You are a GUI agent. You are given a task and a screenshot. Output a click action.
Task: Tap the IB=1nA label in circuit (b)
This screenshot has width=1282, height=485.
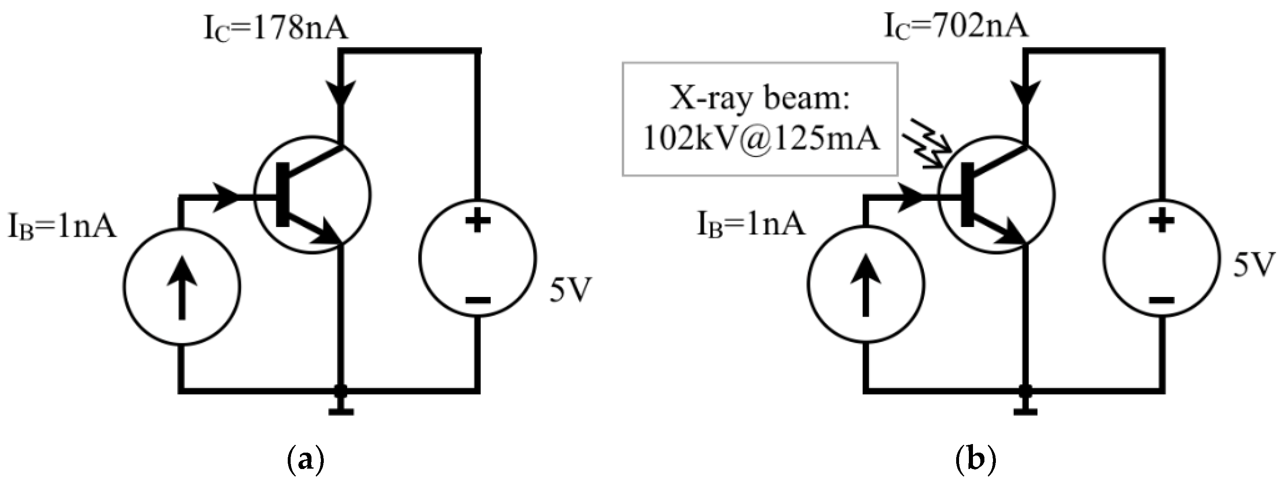pyautogui.click(x=750, y=224)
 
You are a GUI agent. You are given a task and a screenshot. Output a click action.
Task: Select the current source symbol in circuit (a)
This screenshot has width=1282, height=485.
pyautogui.click(x=182, y=287)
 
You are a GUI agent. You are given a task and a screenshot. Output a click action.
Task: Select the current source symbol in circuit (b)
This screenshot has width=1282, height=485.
pyautogui.click(x=866, y=285)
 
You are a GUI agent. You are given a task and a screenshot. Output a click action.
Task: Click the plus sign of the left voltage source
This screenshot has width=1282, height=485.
pyautogui.click(x=478, y=220)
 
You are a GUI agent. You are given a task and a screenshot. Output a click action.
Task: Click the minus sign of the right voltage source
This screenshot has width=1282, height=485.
pyautogui.click(x=1162, y=300)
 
